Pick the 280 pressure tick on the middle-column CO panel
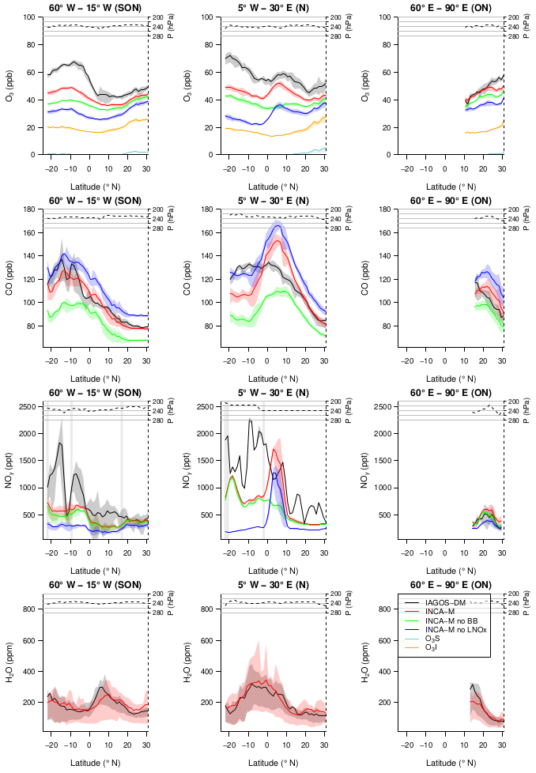[x=335, y=228]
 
